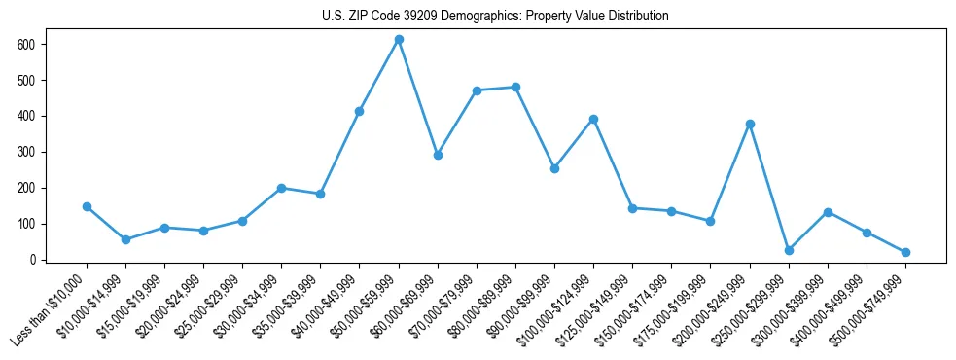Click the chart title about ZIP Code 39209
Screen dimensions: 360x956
(x=495, y=17)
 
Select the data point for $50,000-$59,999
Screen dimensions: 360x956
(x=399, y=39)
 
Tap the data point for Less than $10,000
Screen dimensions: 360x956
(x=87, y=206)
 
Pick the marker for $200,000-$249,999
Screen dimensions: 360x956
(x=750, y=124)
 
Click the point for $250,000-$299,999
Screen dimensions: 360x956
(x=789, y=250)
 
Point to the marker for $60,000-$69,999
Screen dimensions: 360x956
(x=438, y=155)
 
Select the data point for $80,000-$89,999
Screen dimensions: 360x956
(x=515, y=87)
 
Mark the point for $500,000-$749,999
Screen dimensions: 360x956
(x=905, y=252)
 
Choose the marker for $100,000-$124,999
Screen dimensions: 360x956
(x=593, y=119)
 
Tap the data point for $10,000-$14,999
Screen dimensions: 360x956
(x=125, y=239)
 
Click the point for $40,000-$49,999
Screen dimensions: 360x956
(x=359, y=111)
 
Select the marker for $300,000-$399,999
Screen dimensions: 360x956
(x=828, y=212)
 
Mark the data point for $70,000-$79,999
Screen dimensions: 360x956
(x=477, y=90)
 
